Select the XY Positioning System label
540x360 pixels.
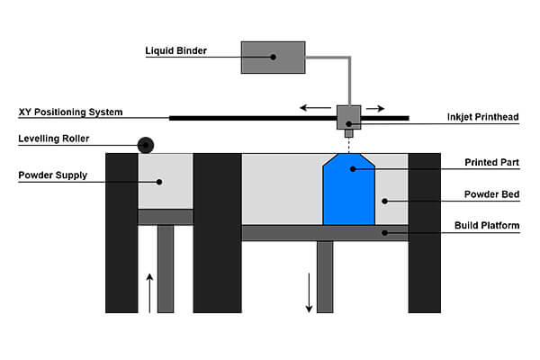pyautogui.click(x=70, y=112)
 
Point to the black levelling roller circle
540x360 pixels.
pyautogui.click(x=145, y=144)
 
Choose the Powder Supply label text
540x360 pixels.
pyautogui.click(x=53, y=175)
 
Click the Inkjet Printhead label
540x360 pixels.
pyautogui.click(x=483, y=117)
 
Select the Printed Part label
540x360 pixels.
pyautogui.click(x=491, y=163)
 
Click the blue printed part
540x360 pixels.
pyautogui.click(x=348, y=193)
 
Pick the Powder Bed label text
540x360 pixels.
pyautogui.click(x=492, y=193)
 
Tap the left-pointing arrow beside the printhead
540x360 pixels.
pyautogui.click(x=315, y=107)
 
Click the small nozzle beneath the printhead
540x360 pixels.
pyautogui.click(x=348, y=133)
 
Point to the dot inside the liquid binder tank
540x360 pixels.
pyautogui.click(x=273, y=56)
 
